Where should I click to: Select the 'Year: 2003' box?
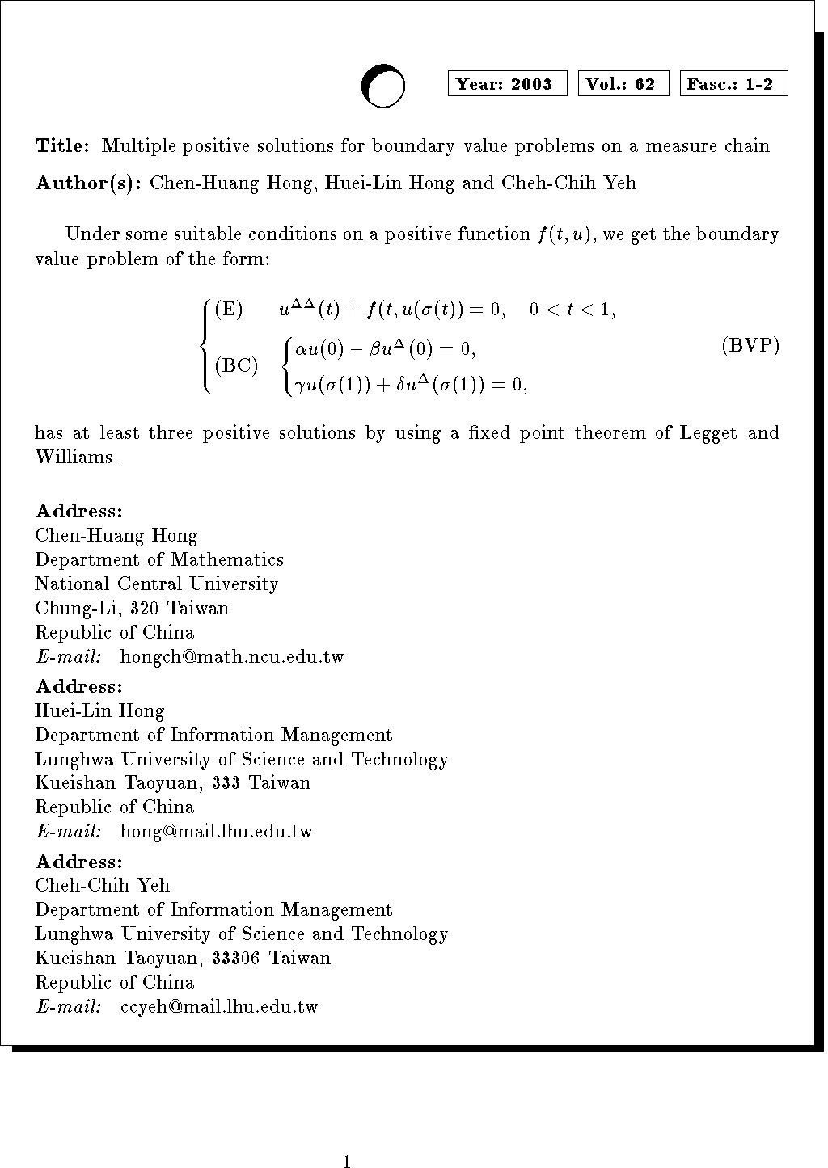[x=507, y=84]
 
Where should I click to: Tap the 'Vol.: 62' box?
[x=623, y=84]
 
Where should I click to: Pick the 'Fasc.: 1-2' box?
[x=733, y=84]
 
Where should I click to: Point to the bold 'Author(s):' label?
[x=88, y=183]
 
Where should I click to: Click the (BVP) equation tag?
[x=750, y=347]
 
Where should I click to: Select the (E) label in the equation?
[x=229, y=310]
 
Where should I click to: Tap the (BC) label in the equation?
[x=236, y=366]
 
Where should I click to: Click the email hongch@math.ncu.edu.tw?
[x=232, y=657]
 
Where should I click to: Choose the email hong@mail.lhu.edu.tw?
[x=216, y=832]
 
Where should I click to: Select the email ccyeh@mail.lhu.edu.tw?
[x=219, y=1007]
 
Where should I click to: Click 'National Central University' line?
[x=156, y=584]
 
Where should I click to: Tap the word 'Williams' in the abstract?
[x=75, y=458]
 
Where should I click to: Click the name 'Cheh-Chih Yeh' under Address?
[x=102, y=886]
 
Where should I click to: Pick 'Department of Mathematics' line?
[x=159, y=560]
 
